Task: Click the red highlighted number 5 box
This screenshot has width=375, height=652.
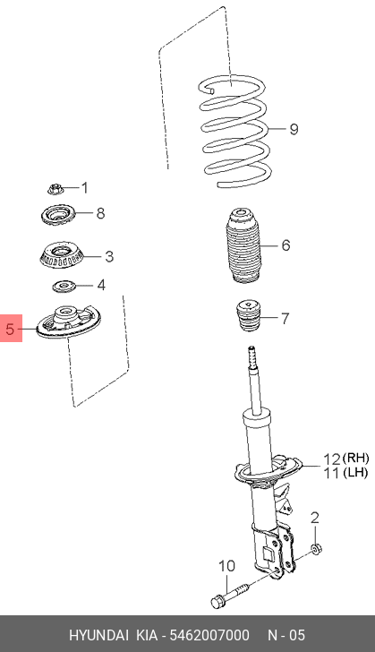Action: click(11, 328)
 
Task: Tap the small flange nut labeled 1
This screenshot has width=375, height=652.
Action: click(55, 189)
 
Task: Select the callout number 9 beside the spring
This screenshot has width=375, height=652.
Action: click(294, 129)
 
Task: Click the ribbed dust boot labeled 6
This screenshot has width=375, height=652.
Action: click(244, 246)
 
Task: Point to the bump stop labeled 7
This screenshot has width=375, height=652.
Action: click(249, 315)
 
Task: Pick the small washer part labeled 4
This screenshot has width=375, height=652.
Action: click(64, 286)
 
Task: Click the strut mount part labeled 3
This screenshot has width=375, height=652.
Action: click(62, 256)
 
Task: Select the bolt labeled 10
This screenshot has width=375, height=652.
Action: click(230, 594)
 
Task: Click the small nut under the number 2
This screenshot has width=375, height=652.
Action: click(316, 549)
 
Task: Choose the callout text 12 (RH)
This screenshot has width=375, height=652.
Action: click(345, 459)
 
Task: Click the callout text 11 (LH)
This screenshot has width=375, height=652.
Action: click(345, 472)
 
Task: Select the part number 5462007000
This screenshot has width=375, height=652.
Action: click(209, 635)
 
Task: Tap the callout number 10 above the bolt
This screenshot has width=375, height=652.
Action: click(227, 566)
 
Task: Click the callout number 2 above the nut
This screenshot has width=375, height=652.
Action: click(315, 518)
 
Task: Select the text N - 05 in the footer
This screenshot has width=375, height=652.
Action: click(286, 635)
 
